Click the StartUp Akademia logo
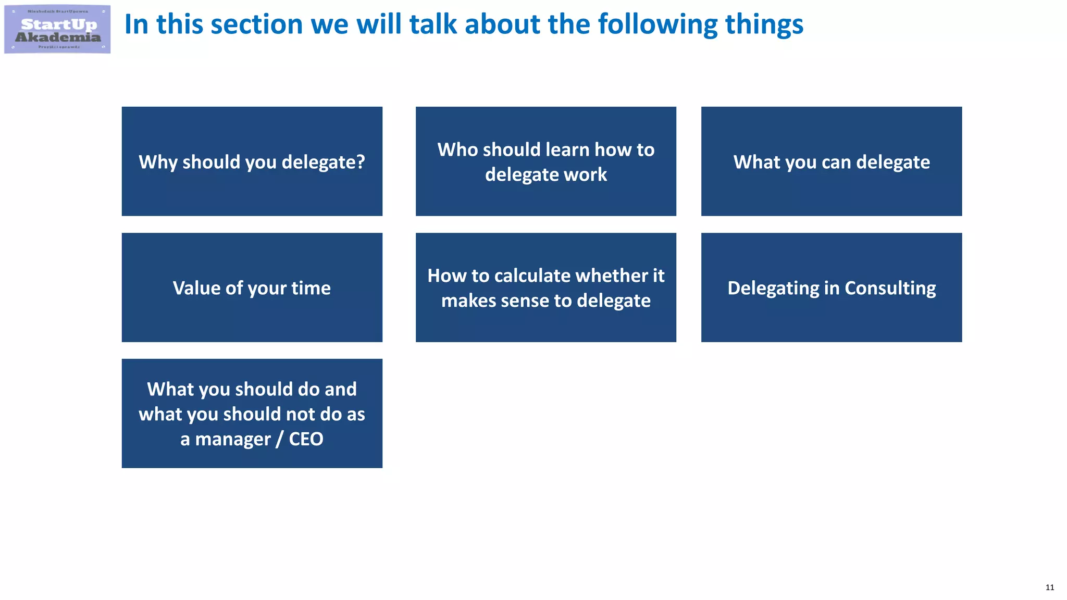[x=57, y=29]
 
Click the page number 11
[x=1049, y=587]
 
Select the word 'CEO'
[x=306, y=439]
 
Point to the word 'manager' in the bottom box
[x=233, y=439]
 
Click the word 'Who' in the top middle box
[x=457, y=149]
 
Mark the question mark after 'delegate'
[x=361, y=162]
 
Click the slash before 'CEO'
[x=280, y=439]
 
